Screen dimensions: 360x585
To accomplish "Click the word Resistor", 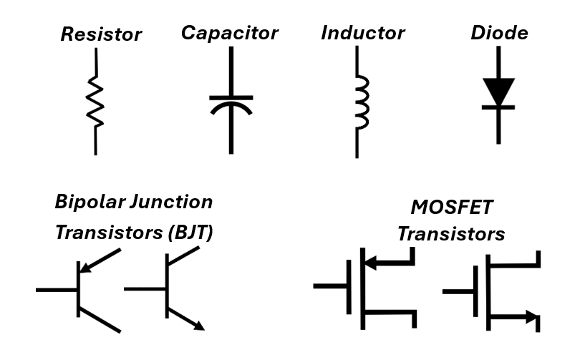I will [100, 34].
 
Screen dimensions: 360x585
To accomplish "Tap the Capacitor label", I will [229, 32].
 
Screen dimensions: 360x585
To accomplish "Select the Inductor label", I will [363, 32].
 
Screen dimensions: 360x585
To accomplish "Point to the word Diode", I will [499, 32].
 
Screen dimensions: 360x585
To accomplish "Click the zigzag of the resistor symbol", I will [95, 102].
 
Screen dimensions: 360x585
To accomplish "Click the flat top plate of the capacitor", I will [231, 97].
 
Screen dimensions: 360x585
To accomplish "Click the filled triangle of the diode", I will [498, 90].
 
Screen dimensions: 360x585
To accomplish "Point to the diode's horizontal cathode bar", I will [498, 107].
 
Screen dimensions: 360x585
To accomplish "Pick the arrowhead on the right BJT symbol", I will [198, 325].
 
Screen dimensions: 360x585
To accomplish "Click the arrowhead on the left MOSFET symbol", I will [373, 262].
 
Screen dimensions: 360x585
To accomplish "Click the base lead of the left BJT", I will [56, 290].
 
